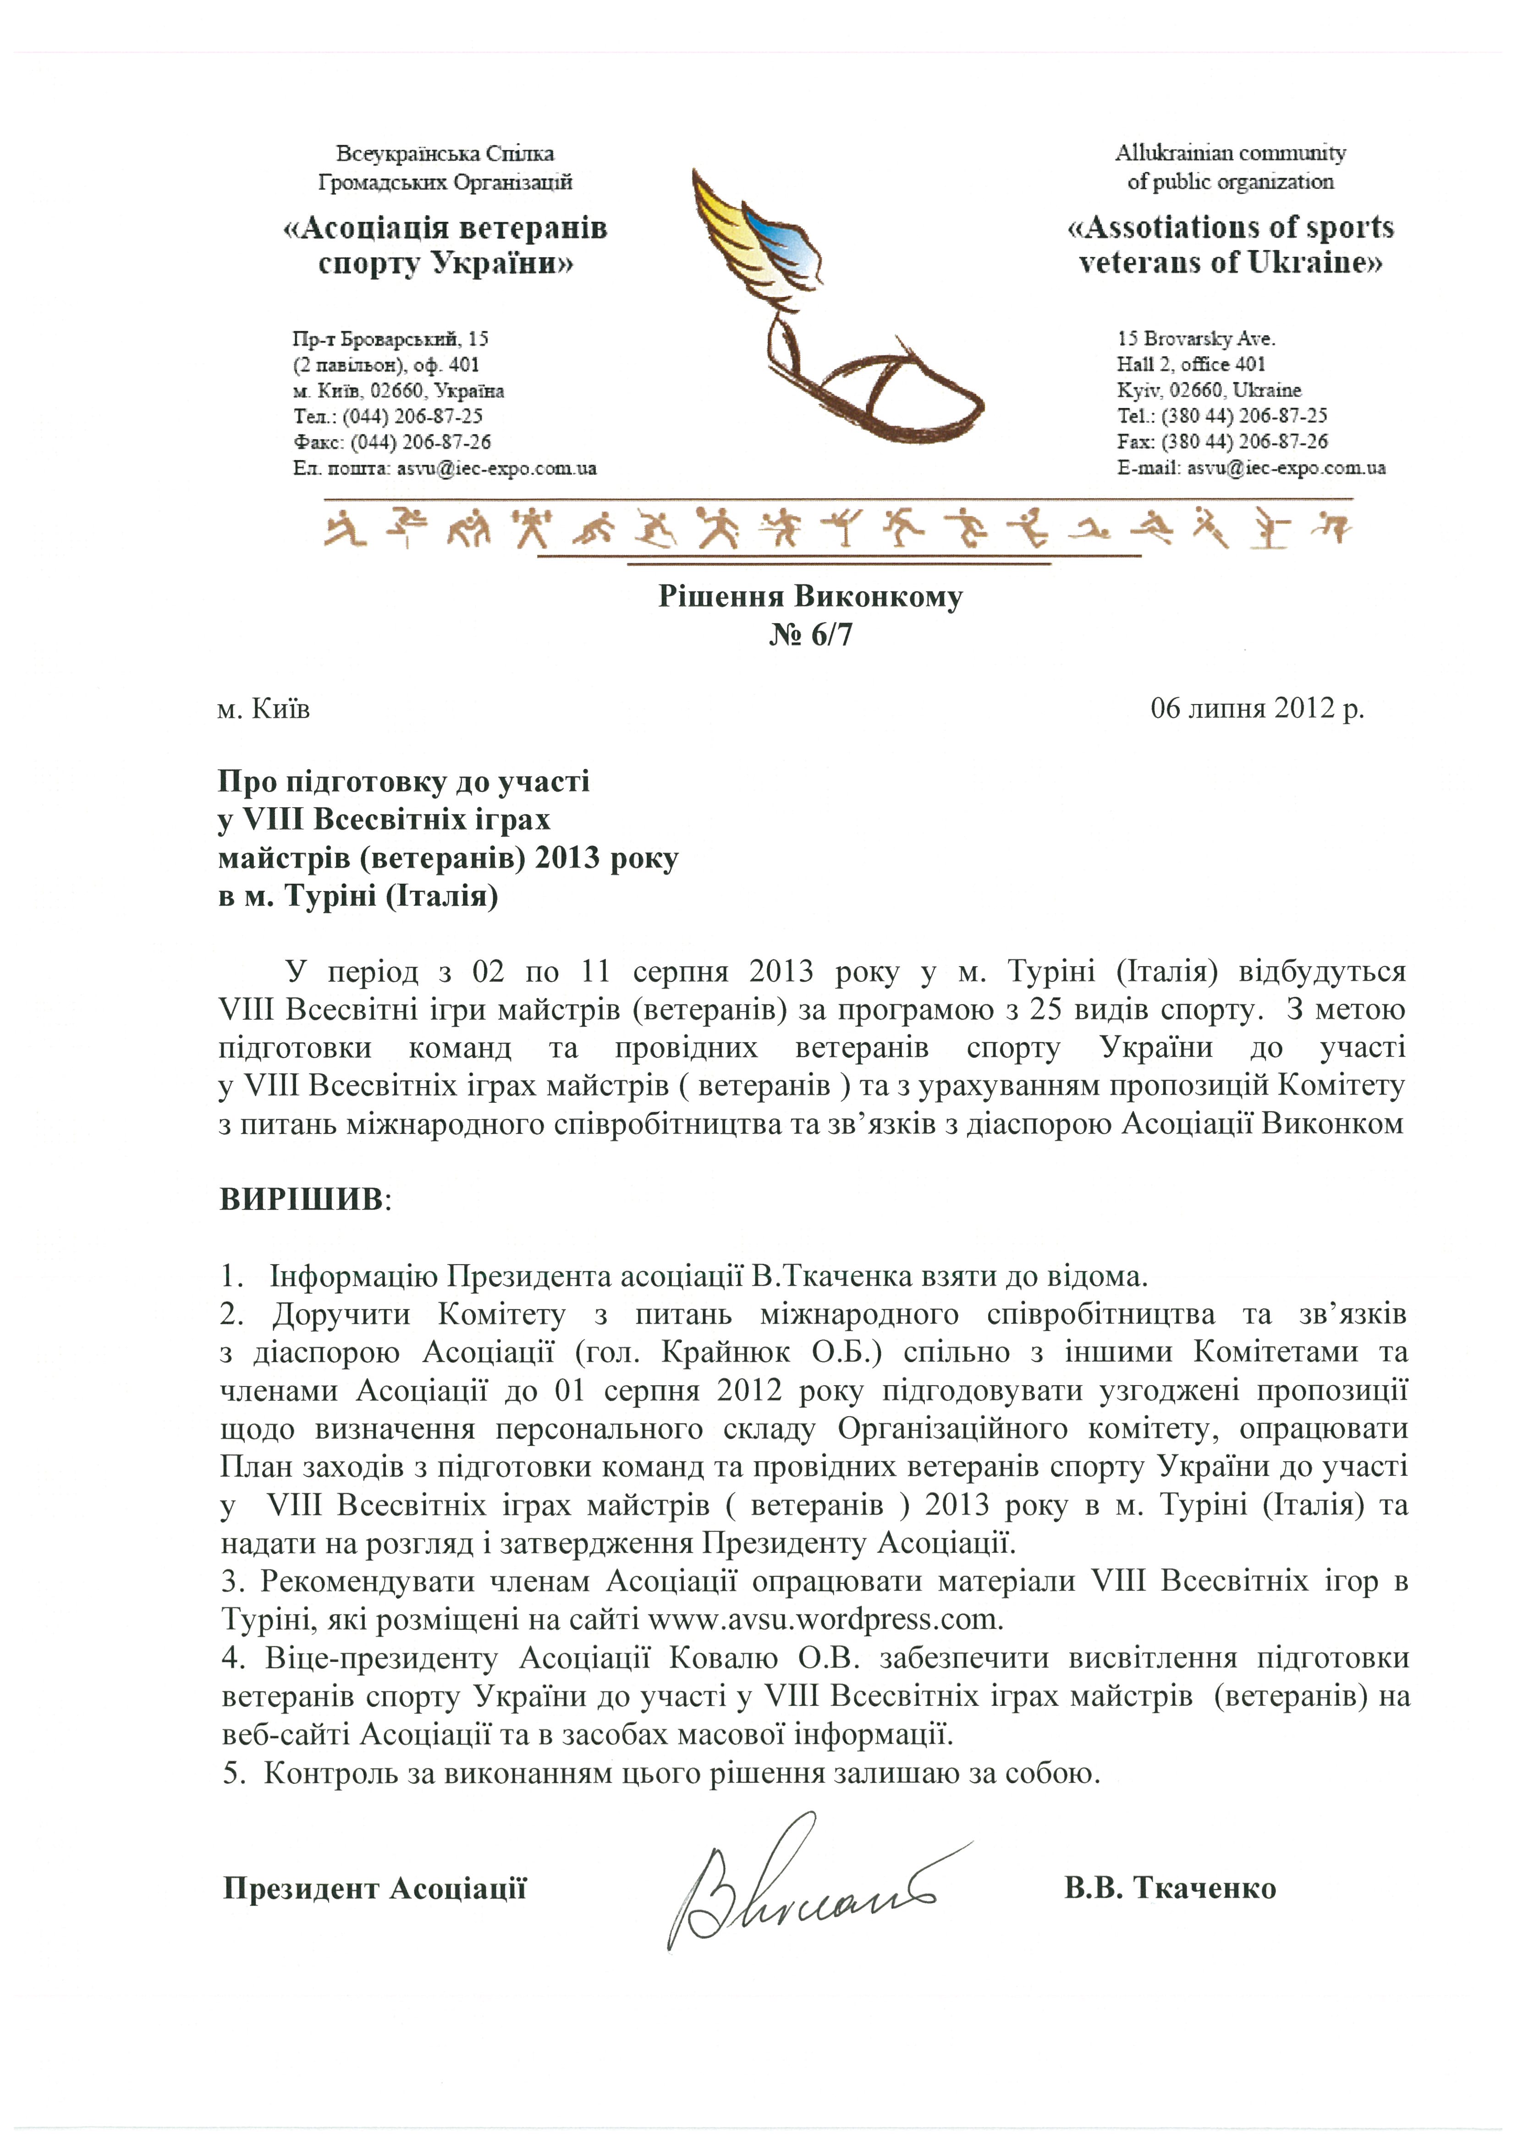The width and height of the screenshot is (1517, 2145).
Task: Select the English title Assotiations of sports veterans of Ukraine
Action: [x=1230, y=245]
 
